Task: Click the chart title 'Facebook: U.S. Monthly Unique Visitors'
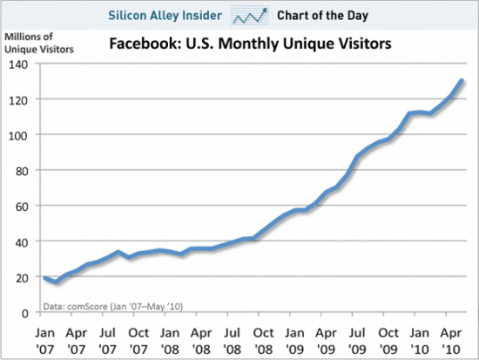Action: coord(247,44)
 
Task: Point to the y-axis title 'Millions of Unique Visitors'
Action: coord(37,42)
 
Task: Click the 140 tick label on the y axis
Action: coord(19,65)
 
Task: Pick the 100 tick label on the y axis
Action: coord(19,135)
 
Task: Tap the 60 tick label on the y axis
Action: coord(22,206)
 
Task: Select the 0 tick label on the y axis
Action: coord(25,312)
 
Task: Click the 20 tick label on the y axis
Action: coord(22,276)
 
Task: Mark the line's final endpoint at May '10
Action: coord(462,81)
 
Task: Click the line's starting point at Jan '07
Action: coord(45,277)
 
